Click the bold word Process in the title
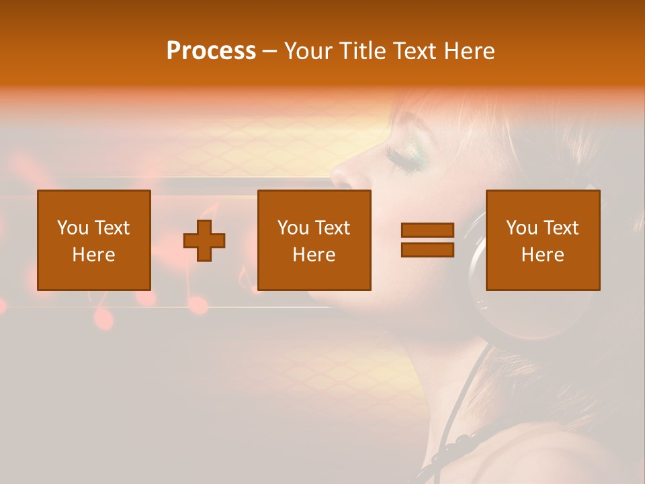pos(211,51)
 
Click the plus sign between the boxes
pos(204,241)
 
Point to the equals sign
pos(427,240)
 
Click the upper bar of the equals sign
pos(427,231)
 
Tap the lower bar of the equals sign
pos(427,249)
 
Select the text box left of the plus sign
pos(94,240)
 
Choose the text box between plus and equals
pos(314,240)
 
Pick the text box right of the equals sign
pos(543,240)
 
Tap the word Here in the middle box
pos(314,255)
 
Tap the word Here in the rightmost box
pos(543,255)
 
